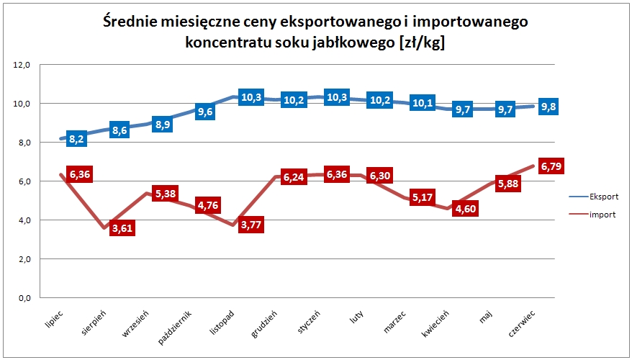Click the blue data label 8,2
pyautogui.click(x=77, y=139)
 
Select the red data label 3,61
pyautogui.click(x=122, y=228)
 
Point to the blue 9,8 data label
pyautogui.click(x=549, y=107)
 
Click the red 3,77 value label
pyautogui.click(x=250, y=225)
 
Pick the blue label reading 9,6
pyautogui.click(x=205, y=112)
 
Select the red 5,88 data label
pyautogui.click(x=507, y=184)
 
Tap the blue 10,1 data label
pyautogui.click(x=421, y=104)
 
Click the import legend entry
pyautogui.click(x=601, y=214)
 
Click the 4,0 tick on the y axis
pyautogui.click(x=23, y=220)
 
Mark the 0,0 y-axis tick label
pyautogui.click(x=23, y=297)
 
